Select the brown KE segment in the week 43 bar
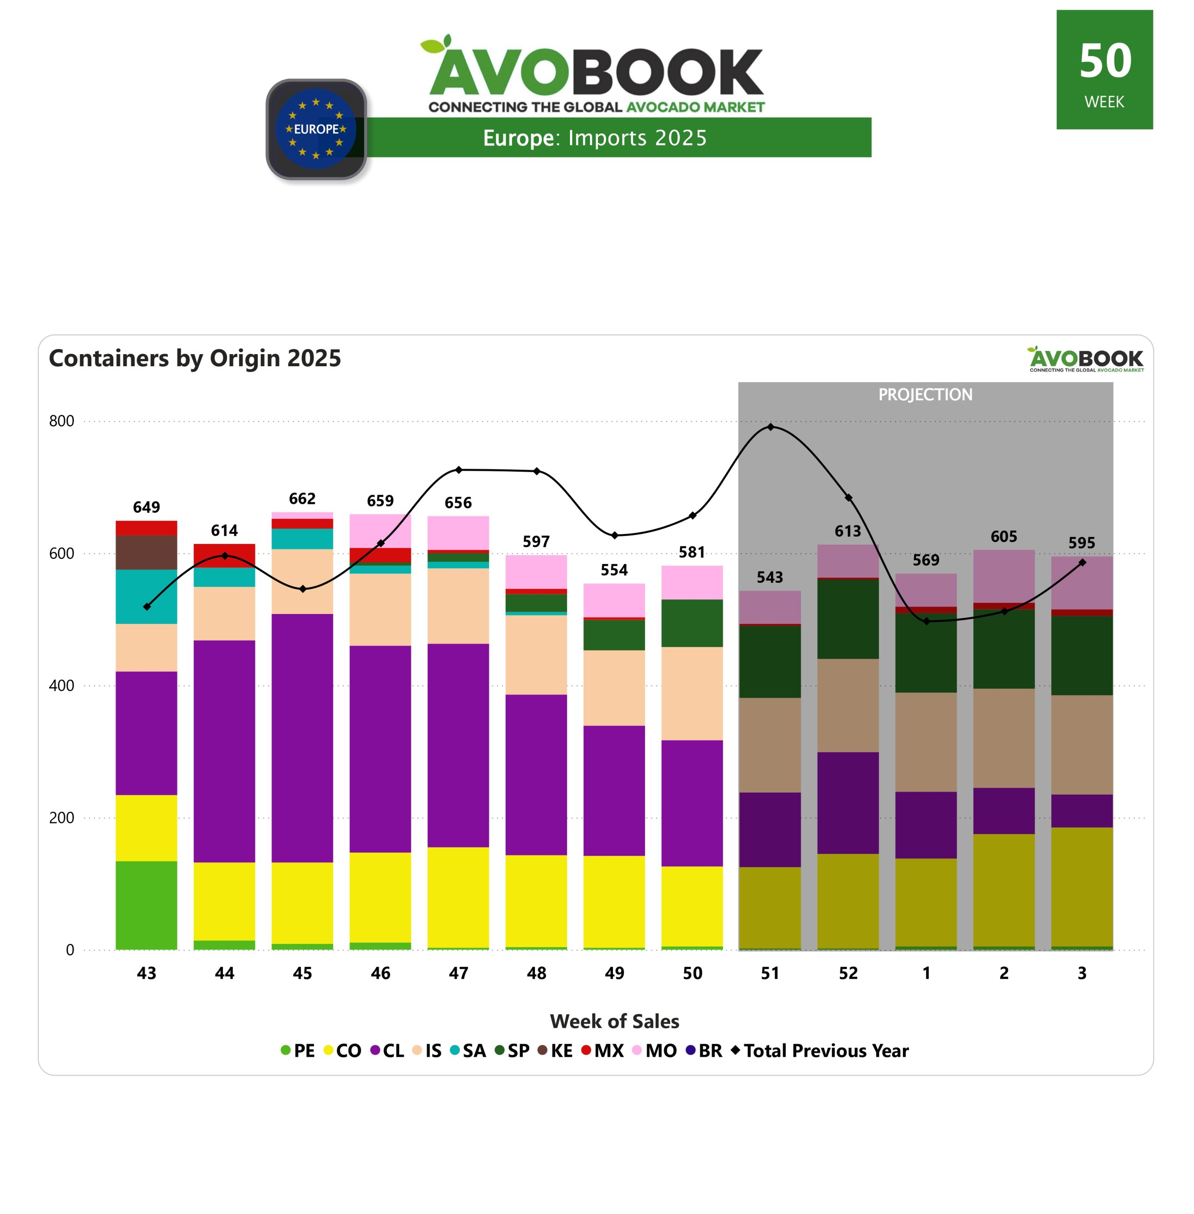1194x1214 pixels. pyautogui.click(x=146, y=552)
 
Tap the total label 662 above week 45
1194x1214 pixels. pyautogui.click(x=302, y=499)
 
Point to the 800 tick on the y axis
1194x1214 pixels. pyautogui.click(x=62, y=421)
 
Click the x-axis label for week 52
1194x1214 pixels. pyautogui.click(x=848, y=973)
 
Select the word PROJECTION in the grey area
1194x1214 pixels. pyautogui.click(x=925, y=395)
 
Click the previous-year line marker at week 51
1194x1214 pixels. pyautogui.click(x=770, y=427)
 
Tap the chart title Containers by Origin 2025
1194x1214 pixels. pyautogui.click(x=195, y=358)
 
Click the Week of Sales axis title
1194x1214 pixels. pyautogui.click(x=614, y=1021)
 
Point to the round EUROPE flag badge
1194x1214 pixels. pyautogui.click(x=316, y=129)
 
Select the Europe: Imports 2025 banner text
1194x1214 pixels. pyautogui.click(x=595, y=137)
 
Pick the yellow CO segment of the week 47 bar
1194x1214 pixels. pyautogui.click(x=458, y=897)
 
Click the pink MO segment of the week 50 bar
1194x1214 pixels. pyautogui.click(x=692, y=582)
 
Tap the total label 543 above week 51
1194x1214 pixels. pyautogui.click(x=770, y=577)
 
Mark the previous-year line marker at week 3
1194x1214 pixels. pyautogui.click(x=1082, y=563)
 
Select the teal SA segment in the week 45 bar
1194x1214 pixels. pyautogui.click(x=302, y=539)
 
